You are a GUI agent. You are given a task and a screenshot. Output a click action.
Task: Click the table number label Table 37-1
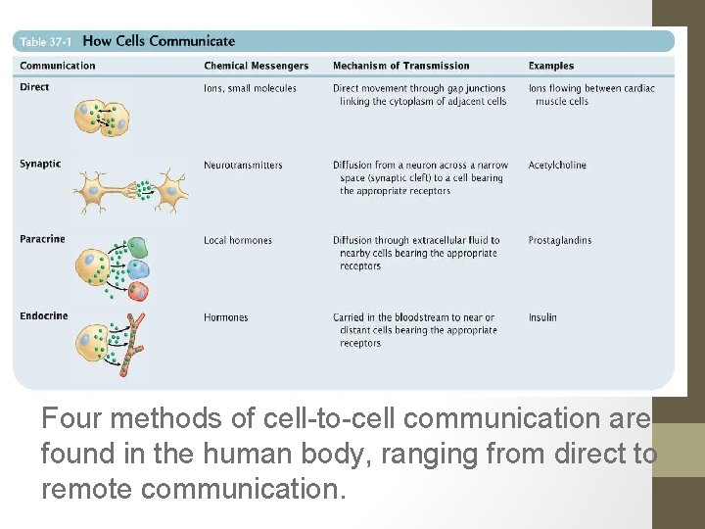(47, 42)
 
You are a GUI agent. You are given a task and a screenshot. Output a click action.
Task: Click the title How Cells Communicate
(160, 41)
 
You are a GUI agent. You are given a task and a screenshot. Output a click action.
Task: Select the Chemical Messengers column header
(256, 66)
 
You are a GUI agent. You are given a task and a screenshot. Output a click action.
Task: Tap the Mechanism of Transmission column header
(400, 66)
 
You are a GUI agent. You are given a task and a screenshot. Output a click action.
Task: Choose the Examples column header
(551, 66)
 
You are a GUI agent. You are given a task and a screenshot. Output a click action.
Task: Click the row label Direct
(34, 87)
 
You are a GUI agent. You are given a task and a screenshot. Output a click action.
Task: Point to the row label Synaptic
(40, 165)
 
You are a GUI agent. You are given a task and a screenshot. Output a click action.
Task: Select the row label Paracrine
(41, 240)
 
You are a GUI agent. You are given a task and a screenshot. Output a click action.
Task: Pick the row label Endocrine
(43, 316)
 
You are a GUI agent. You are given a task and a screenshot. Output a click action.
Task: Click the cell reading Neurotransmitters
(243, 165)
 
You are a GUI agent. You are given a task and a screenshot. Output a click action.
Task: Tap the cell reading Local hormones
(238, 240)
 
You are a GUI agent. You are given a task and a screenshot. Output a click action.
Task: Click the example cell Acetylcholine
(557, 165)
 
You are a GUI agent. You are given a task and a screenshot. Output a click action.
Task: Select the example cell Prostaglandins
(559, 240)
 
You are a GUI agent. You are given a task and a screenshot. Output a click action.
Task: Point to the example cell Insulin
(542, 317)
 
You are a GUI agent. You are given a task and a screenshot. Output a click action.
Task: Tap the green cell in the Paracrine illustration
(137, 248)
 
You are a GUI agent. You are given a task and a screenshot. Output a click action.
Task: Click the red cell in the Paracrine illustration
(138, 290)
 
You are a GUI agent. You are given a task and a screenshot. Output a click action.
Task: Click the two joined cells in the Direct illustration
(103, 118)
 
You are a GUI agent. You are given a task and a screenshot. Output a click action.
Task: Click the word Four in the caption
(72, 419)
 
